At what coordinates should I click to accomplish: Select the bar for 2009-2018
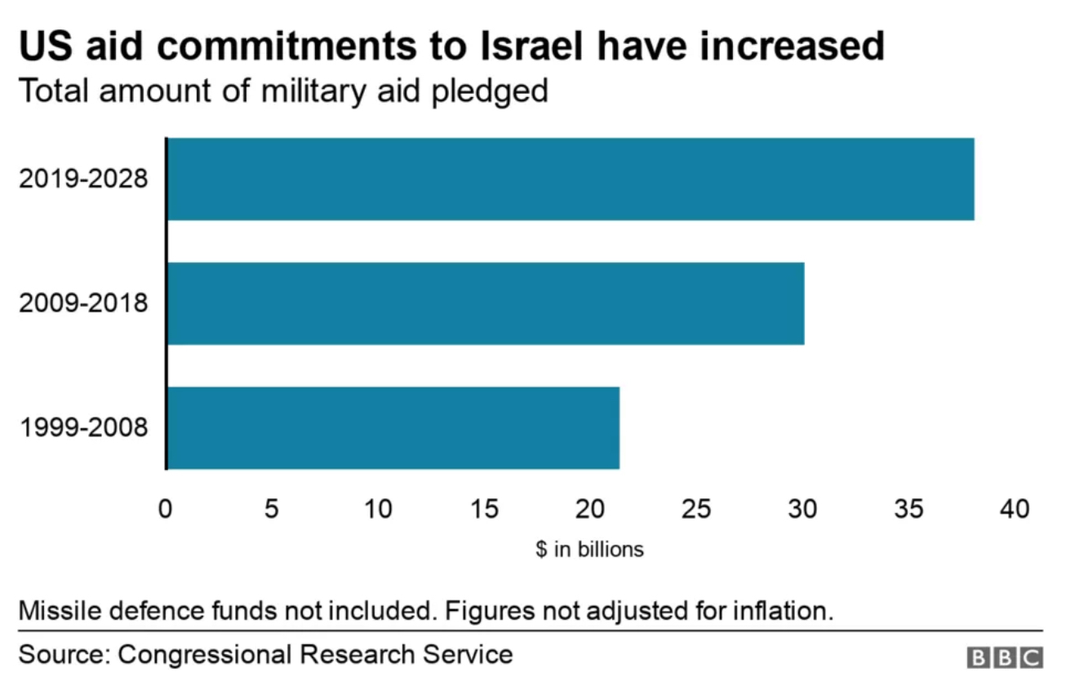(485, 303)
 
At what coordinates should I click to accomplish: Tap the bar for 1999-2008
(393, 428)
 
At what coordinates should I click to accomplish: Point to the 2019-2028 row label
(83, 179)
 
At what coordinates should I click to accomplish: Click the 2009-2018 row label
(83, 304)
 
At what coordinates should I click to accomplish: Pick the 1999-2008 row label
(83, 428)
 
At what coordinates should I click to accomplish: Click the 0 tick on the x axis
(166, 510)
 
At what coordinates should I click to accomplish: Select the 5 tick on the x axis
(272, 510)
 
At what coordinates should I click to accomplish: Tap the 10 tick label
(378, 510)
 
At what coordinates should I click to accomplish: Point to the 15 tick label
(484, 510)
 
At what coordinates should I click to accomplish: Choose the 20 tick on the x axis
(590, 510)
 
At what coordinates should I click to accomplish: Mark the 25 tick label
(696, 510)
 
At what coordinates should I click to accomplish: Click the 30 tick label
(802, 510)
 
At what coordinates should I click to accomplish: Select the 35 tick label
(908, 510)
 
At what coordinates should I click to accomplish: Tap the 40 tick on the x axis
(1015, 510)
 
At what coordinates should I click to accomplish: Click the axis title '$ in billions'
(589, 550)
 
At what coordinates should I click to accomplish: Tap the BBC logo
(1004, 657)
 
